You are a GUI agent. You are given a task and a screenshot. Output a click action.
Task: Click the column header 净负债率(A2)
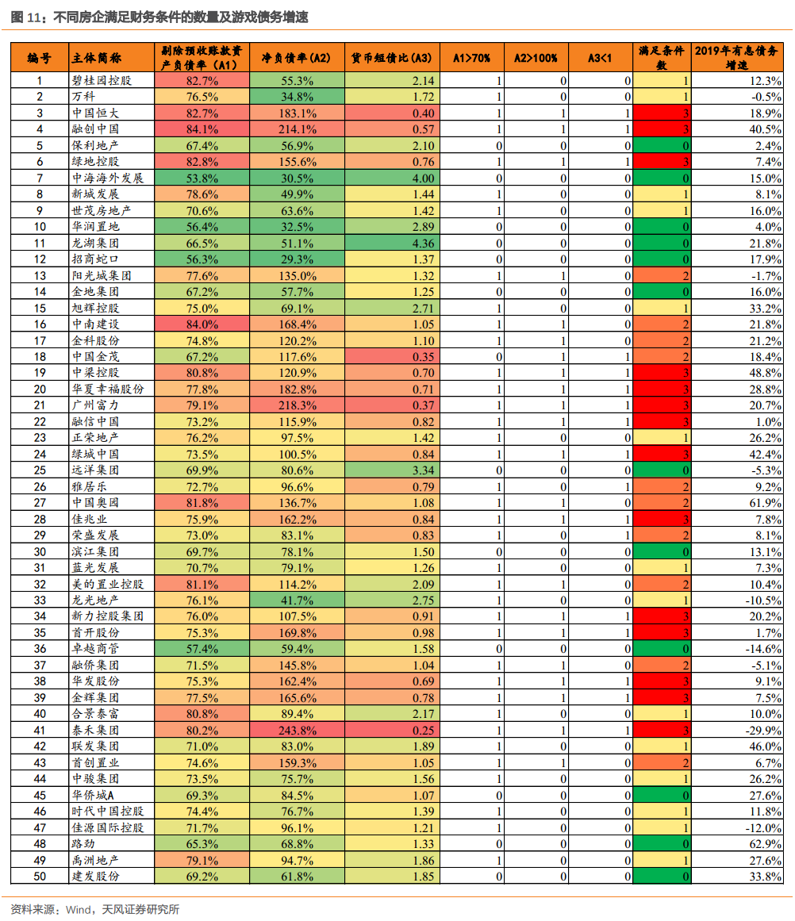tap(297, 58)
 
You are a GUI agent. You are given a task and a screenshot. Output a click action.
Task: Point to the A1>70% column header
tap(471, 58)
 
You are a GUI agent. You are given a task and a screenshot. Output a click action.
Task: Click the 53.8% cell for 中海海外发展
tap(202, 178)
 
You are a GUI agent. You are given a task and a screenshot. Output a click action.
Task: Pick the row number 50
tap(40, 876)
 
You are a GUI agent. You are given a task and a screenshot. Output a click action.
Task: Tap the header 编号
tap(39, 58)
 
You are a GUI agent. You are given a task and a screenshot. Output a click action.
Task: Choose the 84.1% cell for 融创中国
tap(202, 129)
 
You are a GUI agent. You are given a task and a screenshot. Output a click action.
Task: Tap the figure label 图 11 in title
tap(27, 16)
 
